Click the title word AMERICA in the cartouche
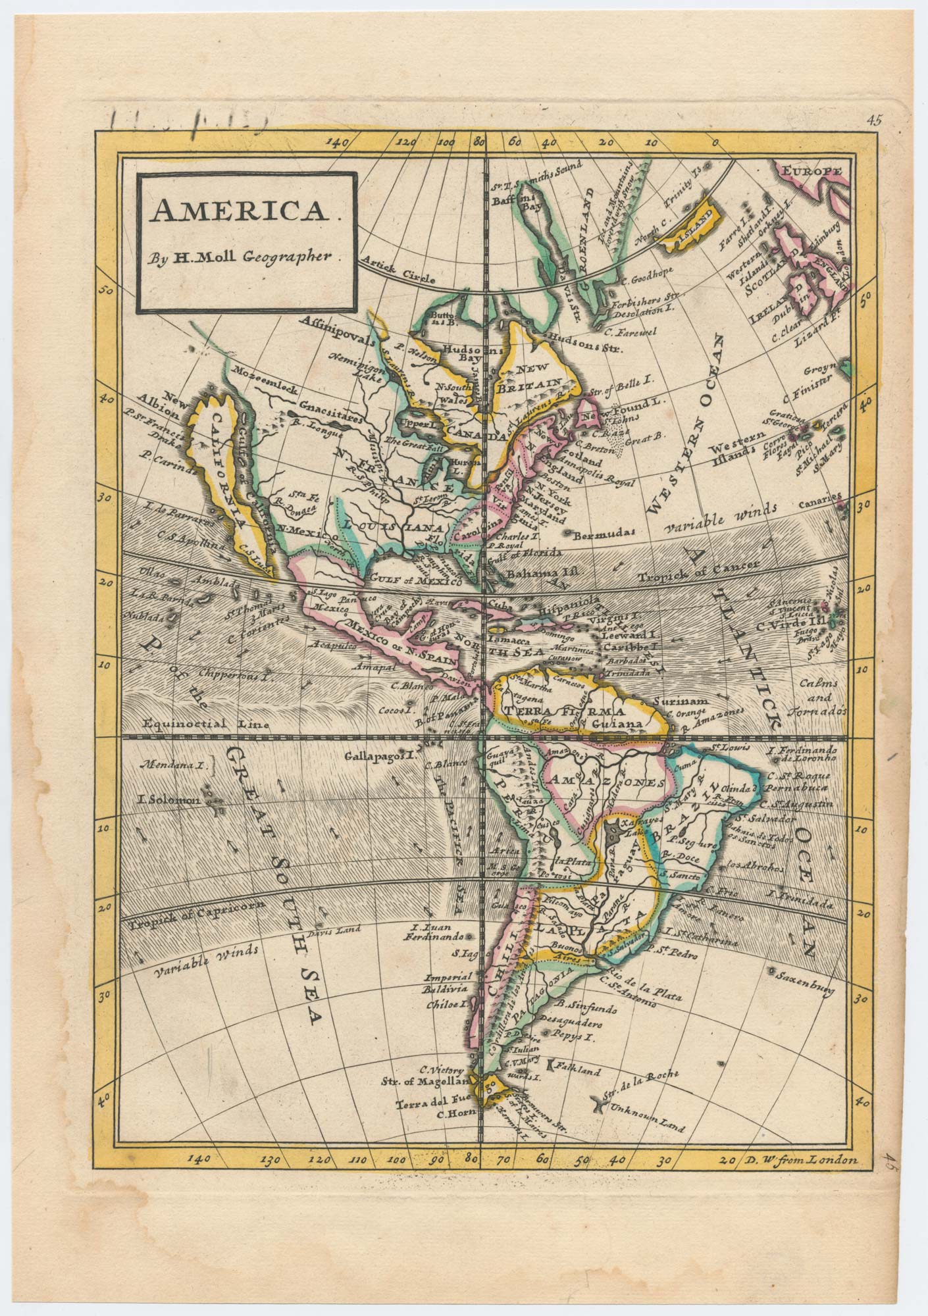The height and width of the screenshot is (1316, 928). [238, 211]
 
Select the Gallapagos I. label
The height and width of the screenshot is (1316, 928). [381, 757]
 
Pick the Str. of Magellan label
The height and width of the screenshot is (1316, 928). [428, 1081]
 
